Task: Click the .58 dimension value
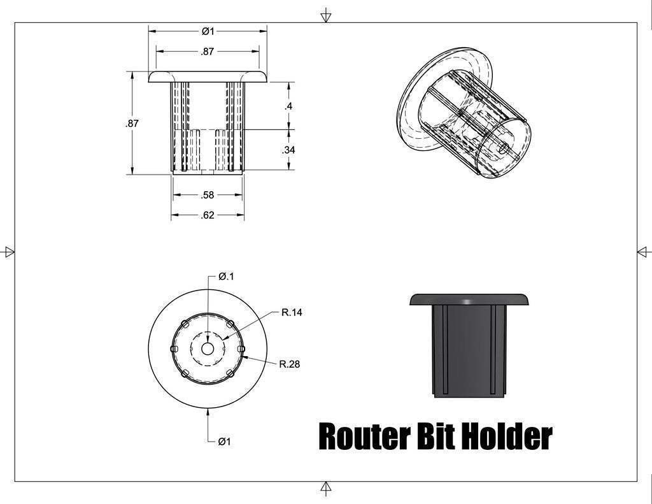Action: point(207,195)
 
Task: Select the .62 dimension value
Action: point(207,215)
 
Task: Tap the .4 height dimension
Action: point(288,106)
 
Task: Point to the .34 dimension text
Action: point(288,150)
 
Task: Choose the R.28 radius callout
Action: point(289,364)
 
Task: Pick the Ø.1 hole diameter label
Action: point(226,276)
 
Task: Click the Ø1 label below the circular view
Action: point(224,441)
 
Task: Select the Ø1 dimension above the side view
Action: point(208,31)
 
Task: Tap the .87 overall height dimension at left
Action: point(132,124)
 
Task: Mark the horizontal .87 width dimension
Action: point(207,52)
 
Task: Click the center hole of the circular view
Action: point(208,349)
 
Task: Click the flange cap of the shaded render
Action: point(469,299)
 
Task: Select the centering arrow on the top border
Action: point(326,15)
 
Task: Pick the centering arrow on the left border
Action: point(8,252)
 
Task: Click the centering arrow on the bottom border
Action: point(326,489)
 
